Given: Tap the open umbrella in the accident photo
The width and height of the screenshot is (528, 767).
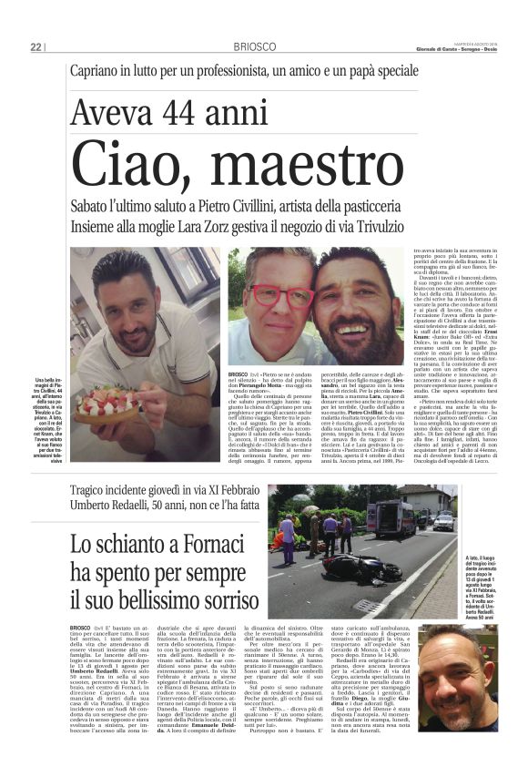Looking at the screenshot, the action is [310, 508].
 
